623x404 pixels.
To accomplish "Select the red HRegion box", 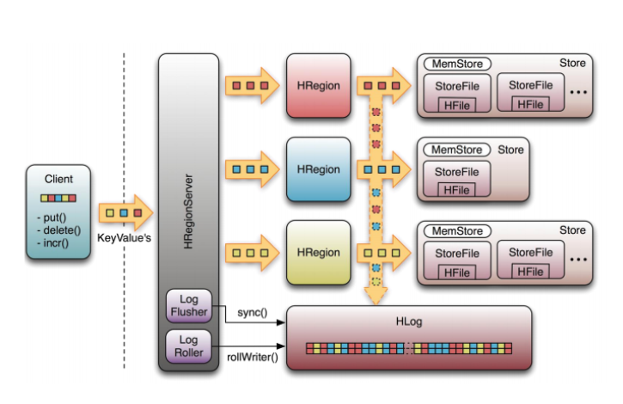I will point(318,86).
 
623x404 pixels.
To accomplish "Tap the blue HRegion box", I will point(318,169).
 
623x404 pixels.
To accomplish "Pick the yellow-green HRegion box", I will point(318,254).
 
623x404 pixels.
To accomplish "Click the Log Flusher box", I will point(188,305).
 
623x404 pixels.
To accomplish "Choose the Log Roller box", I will point(188,346).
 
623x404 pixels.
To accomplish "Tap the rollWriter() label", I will point(253,357).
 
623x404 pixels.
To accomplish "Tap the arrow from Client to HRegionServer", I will point(125,211).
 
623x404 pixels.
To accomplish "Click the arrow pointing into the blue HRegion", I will point(251,169).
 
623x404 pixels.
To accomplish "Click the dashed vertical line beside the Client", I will point(124,129).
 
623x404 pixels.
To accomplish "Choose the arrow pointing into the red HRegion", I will point(251,86).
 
